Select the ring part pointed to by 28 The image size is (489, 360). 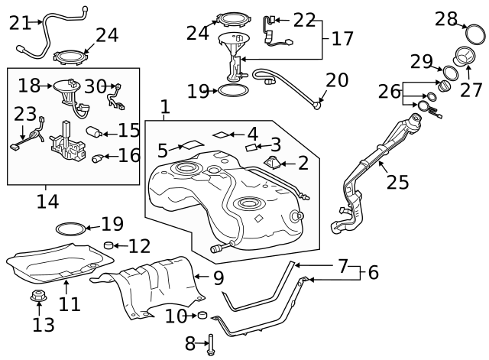tap(474, 34)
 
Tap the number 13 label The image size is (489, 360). tap(44, 325)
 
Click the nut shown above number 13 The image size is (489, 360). tap(36, 296)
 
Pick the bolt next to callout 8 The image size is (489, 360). tap(209, 343)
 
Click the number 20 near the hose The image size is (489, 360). tap(337, 80)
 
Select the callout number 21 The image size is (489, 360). tap(19, 23)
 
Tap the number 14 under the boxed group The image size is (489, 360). tap(47, 202)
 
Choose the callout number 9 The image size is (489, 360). tap(219, 277)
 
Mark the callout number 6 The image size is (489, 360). tap(373, 272)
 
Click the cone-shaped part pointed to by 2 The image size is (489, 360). tap(273, 162)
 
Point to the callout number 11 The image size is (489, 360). tap(70, 304)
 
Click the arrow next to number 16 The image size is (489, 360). tap(108, 157)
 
